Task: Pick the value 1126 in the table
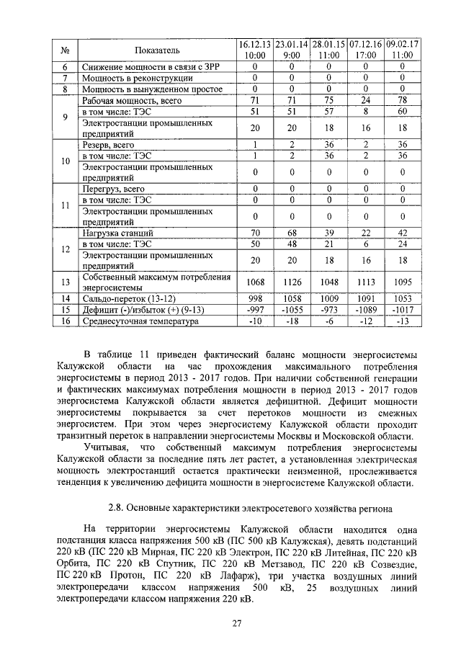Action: point(292,282)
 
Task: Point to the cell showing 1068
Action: point(255,282)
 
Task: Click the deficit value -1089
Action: point(366,310)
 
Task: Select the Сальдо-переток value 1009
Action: point(328,298)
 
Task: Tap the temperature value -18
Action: point(292,321)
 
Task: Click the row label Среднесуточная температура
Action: point(139,321)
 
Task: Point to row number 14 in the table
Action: point(65,298)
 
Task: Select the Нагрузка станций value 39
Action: point(328,232)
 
